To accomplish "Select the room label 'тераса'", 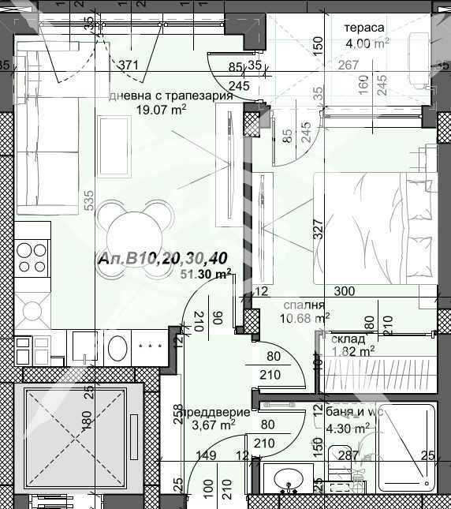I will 363,28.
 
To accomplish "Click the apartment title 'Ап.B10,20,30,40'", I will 164,260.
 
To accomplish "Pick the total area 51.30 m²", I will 206,275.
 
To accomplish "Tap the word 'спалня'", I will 304,305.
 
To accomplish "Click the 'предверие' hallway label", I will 216,412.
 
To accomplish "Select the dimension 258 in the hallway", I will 178,416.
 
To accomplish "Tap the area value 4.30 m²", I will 348,429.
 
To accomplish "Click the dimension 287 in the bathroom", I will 348,455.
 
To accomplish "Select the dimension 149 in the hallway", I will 206,455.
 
